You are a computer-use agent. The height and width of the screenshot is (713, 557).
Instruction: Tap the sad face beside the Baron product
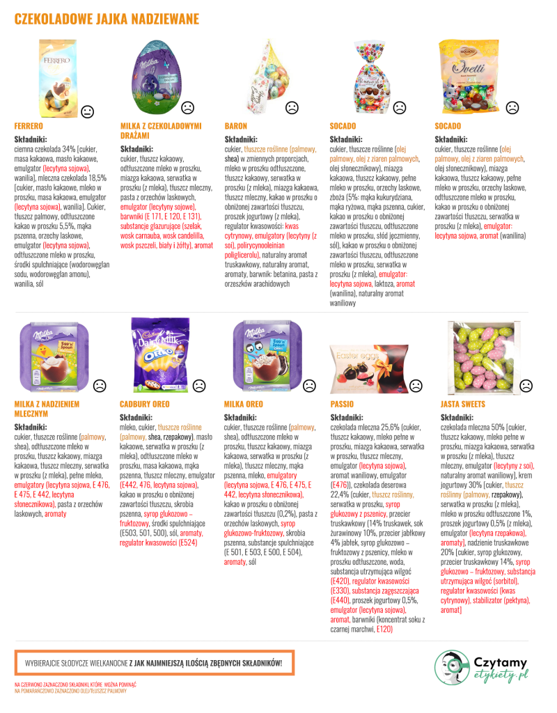point(292,107)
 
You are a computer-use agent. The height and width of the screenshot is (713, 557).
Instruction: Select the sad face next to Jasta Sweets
point(526,384)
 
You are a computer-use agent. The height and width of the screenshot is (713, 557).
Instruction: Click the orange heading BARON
point(235,126)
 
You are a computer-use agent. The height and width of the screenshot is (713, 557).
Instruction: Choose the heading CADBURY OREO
point(145,404)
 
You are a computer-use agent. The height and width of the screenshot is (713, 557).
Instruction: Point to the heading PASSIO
point(341,404)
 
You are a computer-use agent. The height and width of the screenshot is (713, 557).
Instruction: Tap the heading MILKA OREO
point(244,404)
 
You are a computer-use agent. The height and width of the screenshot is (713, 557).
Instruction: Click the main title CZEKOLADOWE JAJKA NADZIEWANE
point(107,19)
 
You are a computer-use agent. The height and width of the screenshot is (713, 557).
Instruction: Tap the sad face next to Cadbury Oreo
point(198,385)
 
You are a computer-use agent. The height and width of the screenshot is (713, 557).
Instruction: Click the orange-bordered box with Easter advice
point(153,663)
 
